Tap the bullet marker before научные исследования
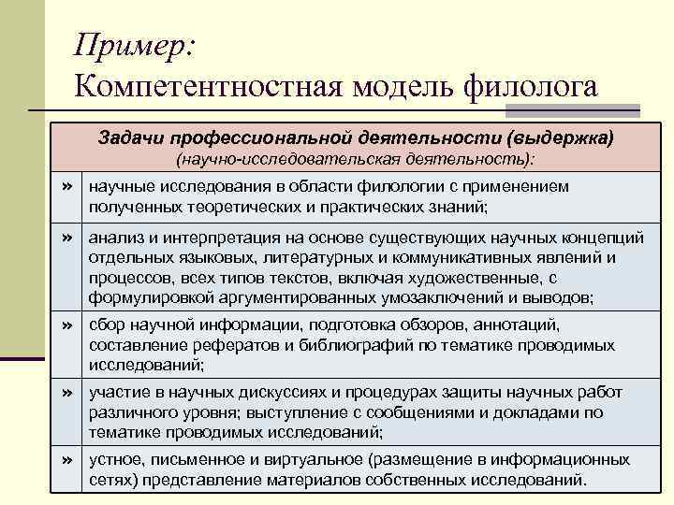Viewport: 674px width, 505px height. (66, 187)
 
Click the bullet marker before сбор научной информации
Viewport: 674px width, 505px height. (66, 325)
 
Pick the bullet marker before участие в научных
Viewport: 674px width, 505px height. (66, 392)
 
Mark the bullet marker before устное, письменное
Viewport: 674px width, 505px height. (66, 459)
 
